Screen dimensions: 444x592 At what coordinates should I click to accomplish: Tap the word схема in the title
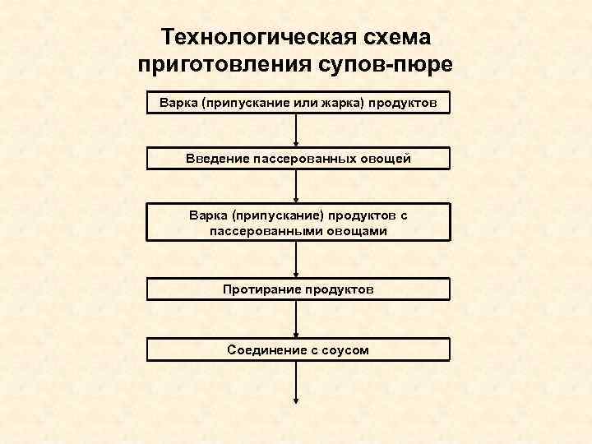394,37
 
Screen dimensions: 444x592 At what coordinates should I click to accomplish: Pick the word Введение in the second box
217,158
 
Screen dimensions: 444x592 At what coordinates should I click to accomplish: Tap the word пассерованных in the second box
299,158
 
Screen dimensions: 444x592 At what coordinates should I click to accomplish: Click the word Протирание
261,289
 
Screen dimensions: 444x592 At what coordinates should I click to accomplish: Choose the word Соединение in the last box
261,349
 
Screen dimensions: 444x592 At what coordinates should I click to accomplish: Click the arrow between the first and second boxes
296,131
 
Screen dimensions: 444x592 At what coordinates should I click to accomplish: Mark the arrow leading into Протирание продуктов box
296,259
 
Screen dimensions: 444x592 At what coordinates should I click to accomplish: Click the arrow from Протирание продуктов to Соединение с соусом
296,319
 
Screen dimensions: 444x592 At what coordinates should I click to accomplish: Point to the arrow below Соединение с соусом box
296,382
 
